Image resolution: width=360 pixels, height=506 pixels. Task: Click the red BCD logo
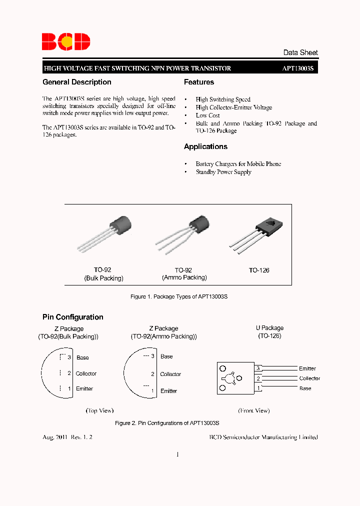(66, 41)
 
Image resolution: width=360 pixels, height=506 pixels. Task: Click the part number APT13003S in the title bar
(298, 68)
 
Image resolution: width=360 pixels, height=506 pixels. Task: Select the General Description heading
(77, 82)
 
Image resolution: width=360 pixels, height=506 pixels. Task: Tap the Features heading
(199, 82)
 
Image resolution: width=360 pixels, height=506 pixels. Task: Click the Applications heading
(205, 146)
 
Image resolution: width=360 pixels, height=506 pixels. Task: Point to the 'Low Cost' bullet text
(207, 115)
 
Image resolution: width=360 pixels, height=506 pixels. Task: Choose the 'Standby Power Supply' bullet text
(223, 172)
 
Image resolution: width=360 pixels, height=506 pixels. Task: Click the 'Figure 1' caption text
(179, 296)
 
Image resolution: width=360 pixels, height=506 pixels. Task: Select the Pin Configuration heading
(73, 317)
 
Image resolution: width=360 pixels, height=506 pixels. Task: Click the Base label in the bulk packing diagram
(82, 357)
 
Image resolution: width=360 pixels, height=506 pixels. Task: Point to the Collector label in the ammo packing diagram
(170, 374)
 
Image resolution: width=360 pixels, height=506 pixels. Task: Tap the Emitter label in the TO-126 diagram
(307, 368)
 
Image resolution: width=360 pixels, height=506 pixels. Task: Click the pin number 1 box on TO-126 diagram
(258, 388)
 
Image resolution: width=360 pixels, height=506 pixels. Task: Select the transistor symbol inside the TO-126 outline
(230, 378)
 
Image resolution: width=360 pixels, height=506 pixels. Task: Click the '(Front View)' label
(253, 410)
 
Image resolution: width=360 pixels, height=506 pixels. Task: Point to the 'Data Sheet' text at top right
(300, 52)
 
